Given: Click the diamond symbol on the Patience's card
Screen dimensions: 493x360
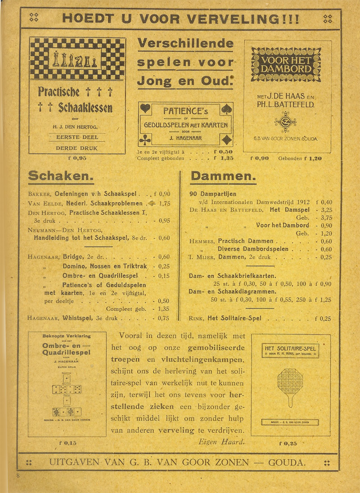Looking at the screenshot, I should pos(226,140).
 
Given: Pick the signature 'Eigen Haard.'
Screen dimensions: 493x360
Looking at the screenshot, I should pos(222,442).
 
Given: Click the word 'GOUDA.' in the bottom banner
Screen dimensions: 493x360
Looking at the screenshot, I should pos(287,462).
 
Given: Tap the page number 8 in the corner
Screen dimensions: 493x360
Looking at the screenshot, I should pos(18,476).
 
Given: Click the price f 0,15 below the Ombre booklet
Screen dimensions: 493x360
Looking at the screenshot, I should pos(67,443).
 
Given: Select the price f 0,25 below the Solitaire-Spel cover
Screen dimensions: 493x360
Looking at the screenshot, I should pos(288,443).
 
